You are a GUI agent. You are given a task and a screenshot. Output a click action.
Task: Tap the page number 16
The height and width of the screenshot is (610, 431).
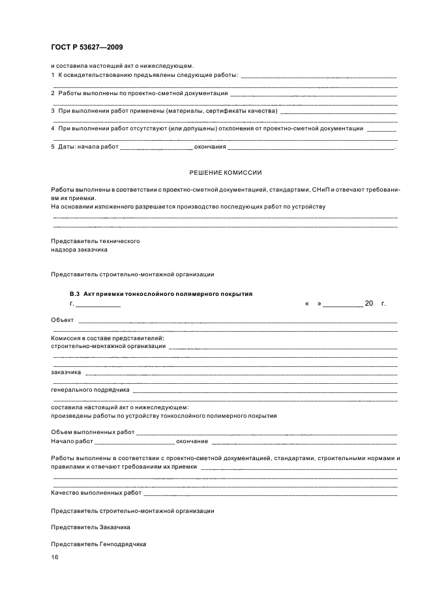point(55,557)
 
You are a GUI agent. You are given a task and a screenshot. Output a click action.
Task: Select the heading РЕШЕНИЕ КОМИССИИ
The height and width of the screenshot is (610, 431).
point(226,173)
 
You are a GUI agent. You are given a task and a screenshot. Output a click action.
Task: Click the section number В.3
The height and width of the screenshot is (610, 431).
point(74,294)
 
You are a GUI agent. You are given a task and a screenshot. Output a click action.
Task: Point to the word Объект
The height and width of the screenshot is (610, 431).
point(63,319)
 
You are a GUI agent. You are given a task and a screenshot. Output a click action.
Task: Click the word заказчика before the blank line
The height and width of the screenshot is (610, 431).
point(66,372)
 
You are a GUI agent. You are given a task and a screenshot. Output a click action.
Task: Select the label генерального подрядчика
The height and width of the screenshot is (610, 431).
point(89,390)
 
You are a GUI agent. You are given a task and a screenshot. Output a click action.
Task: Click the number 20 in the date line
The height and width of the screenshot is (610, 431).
point(369,304)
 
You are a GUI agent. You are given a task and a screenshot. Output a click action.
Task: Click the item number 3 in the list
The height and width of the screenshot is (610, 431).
point(53,111)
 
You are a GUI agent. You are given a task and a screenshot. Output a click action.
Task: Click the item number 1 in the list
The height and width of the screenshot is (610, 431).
point(53,76)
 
